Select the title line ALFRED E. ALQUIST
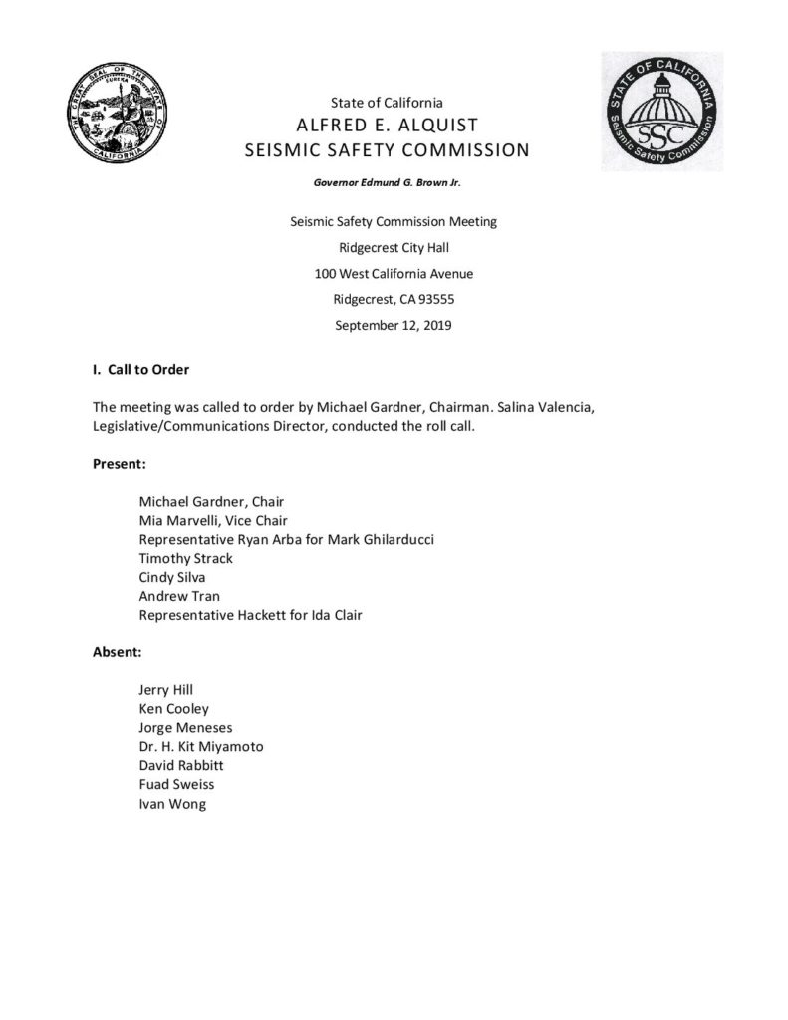click(x=394, y=126)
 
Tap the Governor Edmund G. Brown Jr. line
click(x=394, y=183)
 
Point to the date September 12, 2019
click(x=394, y=325)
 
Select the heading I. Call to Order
click(x=140, y=370)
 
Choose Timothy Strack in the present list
click(x=186, y=558)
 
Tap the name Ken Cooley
click(x=174, y=709)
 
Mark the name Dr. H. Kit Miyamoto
click(x=202, y=747)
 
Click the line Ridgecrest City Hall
click(x=394, y=247)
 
